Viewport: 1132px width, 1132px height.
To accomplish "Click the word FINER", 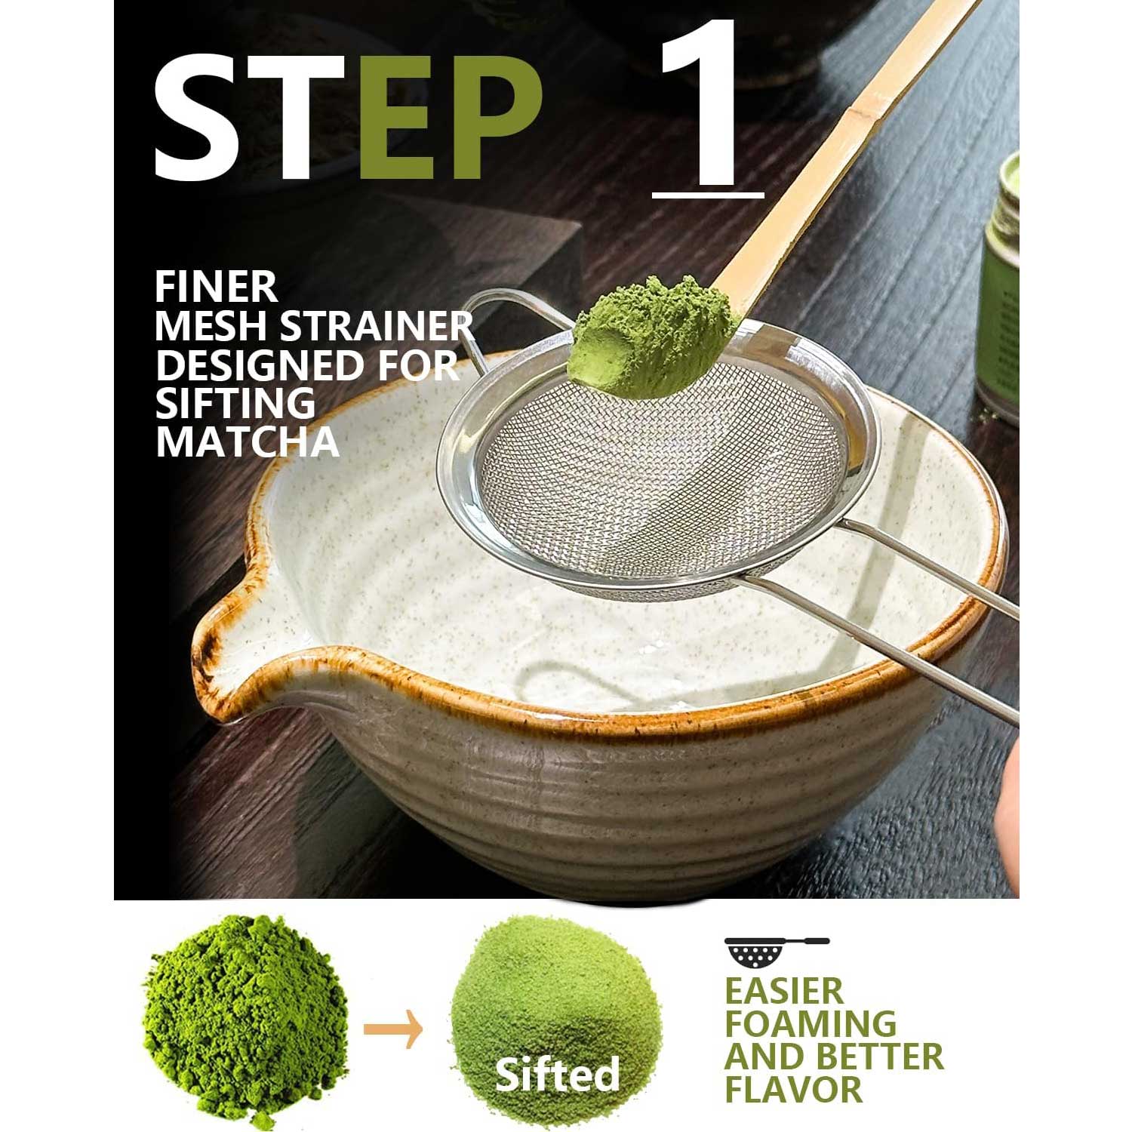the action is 217,288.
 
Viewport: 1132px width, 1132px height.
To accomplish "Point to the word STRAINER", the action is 377,326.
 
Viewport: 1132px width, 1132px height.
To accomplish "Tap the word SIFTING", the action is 235,404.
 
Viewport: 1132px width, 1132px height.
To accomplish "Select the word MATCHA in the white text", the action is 247,442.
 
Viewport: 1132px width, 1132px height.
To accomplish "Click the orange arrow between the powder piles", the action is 393,1029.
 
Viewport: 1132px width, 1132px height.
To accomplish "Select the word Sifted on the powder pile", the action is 557,1075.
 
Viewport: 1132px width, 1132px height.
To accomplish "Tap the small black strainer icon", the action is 777,952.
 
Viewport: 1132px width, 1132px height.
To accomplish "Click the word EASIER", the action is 784,991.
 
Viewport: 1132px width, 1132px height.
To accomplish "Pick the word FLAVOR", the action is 794,1090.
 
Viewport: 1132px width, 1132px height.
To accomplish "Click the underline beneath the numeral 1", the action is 708,195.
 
